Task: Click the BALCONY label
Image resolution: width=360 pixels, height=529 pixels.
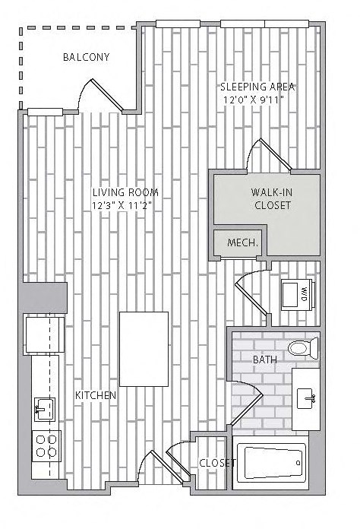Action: pos(87,57)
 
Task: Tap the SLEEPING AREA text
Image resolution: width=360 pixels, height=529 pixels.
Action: pos(257,87)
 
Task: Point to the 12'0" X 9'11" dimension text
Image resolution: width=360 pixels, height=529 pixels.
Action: pos(258,100)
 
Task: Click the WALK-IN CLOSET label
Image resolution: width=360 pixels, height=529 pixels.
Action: pos(272,198)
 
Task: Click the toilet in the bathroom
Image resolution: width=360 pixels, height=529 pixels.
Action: pos(302,349)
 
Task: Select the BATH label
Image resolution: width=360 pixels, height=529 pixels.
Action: pos(264,360)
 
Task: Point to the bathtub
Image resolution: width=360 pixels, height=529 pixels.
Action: pos(271,461)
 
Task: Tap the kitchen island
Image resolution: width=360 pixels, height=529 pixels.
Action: pos(144,348)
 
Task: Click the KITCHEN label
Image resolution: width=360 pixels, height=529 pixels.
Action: pos(96,396)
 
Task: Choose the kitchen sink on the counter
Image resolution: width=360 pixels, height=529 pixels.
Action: pos(43,409)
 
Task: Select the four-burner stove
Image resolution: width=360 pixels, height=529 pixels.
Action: pos(44,444)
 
